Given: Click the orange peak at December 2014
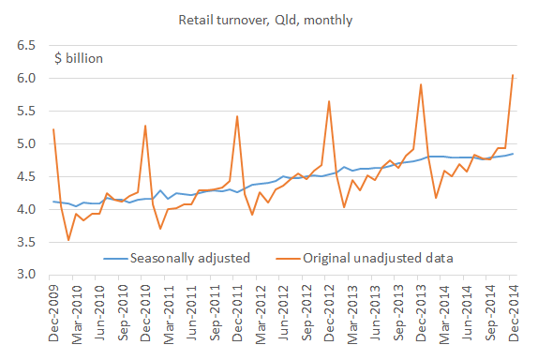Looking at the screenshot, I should (513, 75).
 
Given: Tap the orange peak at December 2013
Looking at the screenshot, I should (421, 84).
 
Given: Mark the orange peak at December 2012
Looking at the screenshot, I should (329, 101).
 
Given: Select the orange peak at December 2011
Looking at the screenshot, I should (237, 116).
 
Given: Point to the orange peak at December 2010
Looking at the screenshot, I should (145, 126).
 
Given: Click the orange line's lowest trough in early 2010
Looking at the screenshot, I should (68, 240).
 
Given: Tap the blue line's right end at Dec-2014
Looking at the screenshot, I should (513, 154).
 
